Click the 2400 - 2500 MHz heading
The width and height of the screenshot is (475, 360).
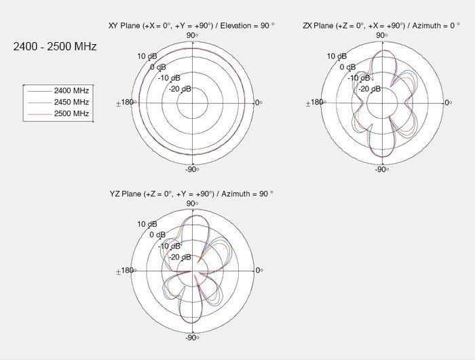55,46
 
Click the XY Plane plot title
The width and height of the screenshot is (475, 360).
191,26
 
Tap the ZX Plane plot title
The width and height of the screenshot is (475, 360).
381,26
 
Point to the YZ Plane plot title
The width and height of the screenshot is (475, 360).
191,194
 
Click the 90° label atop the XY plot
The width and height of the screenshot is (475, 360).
192,35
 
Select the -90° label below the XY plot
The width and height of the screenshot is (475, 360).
192,169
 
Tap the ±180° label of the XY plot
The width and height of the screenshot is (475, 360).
126,103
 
